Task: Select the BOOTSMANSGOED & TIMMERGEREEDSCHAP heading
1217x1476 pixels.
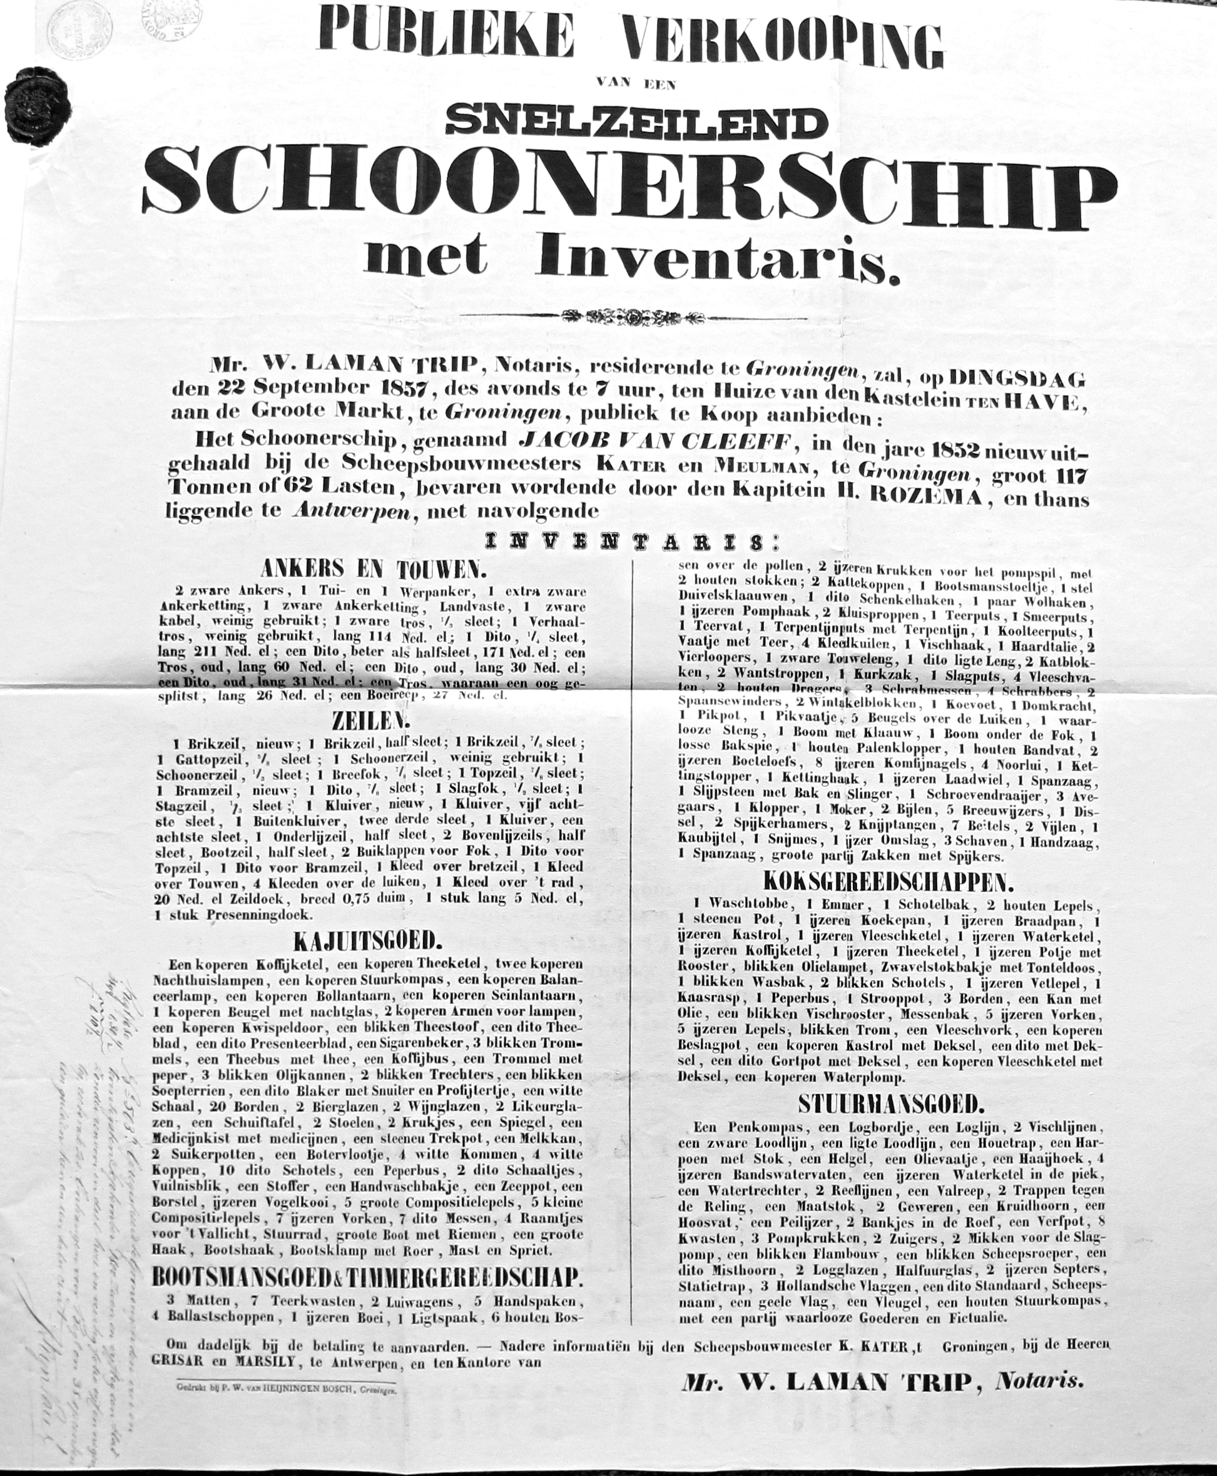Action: pos(367,1277)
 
